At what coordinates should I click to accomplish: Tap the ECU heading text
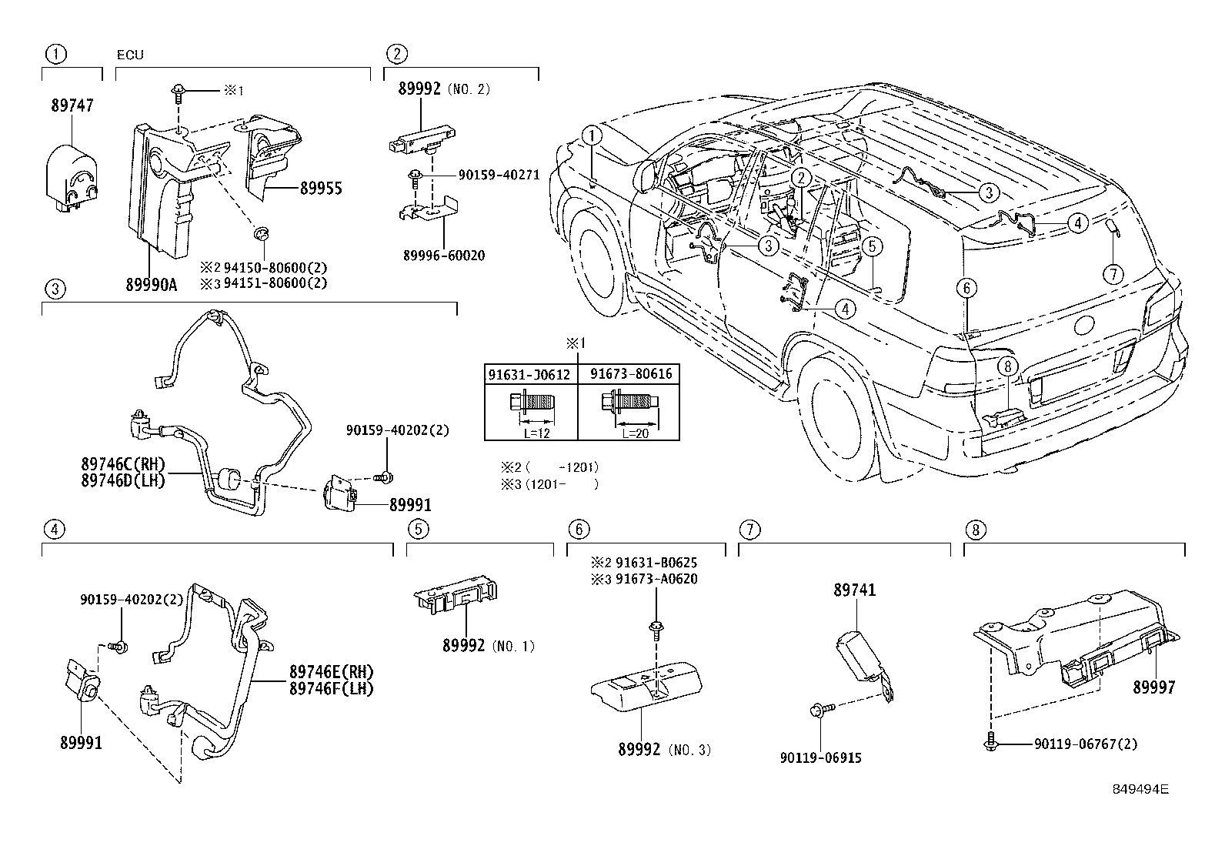[130, 55]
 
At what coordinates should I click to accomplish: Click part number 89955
[321, 189]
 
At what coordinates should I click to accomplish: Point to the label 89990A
[151, 286]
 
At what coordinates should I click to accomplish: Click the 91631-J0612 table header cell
[530, 374]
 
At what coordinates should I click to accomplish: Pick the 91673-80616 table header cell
[631, 374]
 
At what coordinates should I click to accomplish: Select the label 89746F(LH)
[332, 689]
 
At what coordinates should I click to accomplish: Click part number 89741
[855, 590]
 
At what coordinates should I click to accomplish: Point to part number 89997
[1153, 687]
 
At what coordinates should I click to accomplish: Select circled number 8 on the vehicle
[1010, 367]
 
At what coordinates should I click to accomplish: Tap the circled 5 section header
[417, 530]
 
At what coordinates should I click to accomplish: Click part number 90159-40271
[498, 176]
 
